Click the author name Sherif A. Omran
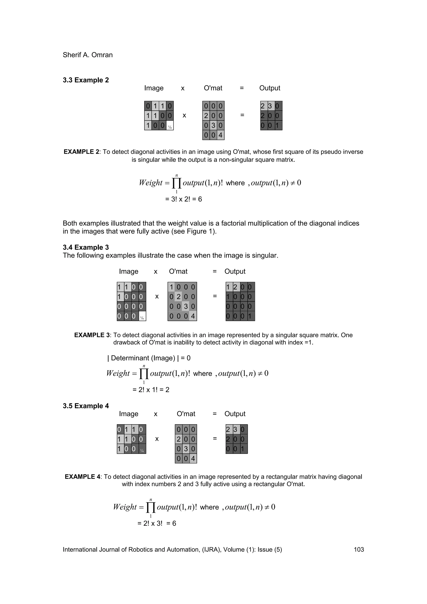pyautogui.click(x=88, y=55)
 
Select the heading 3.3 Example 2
pyautogui.click(x=86, y=80)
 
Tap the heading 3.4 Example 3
pyautogui.click(x=86, y=247)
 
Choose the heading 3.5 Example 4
pyautogui.click(x=86, y=406)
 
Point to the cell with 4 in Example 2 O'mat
pyautogui.click(x=220, y=135)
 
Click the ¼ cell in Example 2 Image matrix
pyautogui.click(x=170, y=126)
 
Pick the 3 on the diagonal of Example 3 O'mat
pyautogui.click(x=186, y=306)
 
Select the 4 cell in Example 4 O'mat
pyautogui.click(x=193, y=458)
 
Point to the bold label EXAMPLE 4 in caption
pyautogui.click(x=83, y=477)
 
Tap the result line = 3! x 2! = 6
pyautogui.click(x=183, y=199)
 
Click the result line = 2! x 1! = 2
pyautogui.click(x=151, y=390)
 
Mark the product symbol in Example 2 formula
pyautogui.click(x=177, y=183)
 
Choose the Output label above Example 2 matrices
pyautogui.click(x=270, y=88)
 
